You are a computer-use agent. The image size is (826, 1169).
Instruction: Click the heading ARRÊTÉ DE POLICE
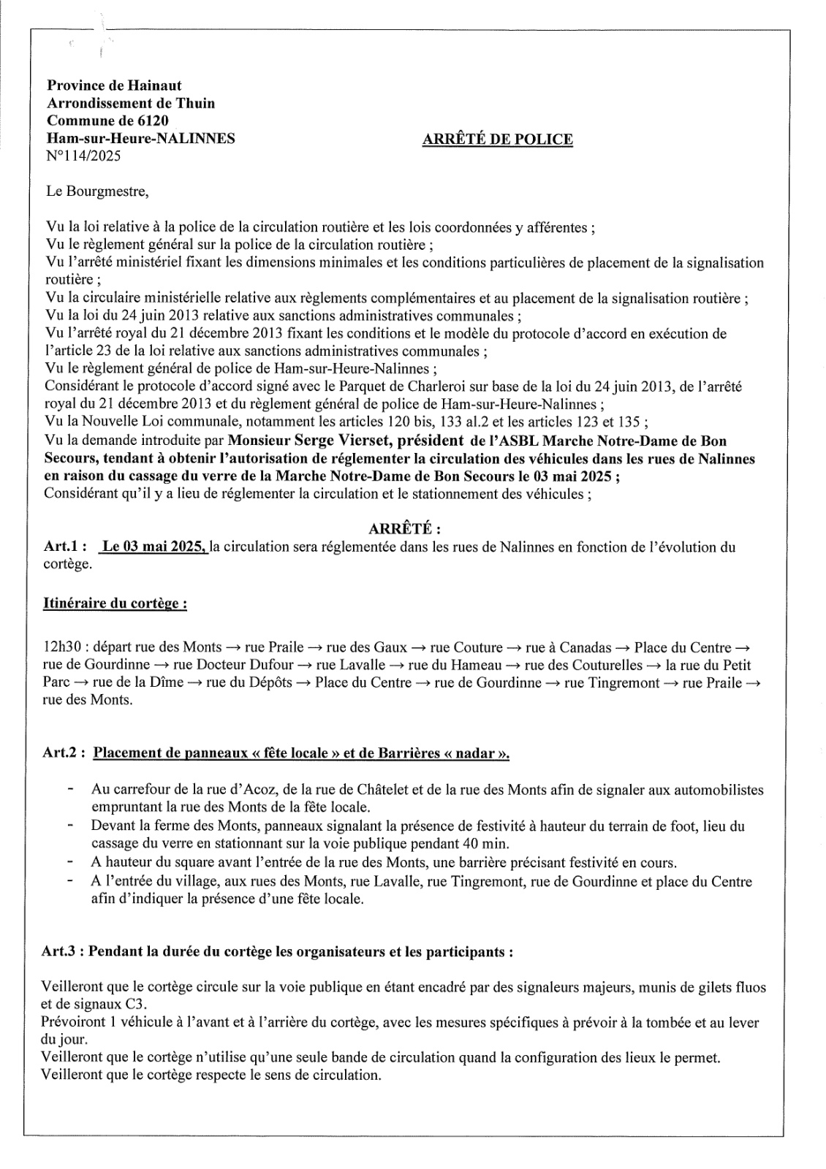497,139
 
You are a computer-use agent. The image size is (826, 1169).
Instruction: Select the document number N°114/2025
83,156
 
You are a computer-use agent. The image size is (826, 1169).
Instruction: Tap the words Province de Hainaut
114,85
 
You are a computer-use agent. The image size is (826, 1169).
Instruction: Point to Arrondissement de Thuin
131,103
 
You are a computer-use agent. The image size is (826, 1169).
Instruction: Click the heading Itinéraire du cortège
115,603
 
